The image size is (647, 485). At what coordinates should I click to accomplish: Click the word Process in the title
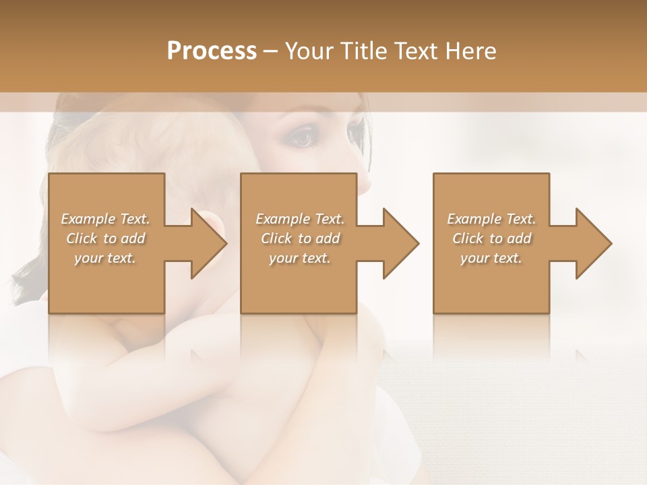pyautogui.click(x=212, y=51)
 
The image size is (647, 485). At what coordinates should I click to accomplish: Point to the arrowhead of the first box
pyautogui.click(x=209, y=243)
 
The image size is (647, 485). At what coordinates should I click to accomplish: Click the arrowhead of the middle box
pyautogui.click(x=401, y=243)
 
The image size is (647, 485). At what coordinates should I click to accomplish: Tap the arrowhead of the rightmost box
pyautogui.click(x=593, y=243)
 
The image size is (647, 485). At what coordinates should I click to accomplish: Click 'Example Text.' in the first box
pyautogui.click(x=105, y=219)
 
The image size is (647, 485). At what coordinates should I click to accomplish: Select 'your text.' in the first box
pyautogui.click(x=105, y=258)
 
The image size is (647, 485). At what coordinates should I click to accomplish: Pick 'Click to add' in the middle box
pyautogui.click(x=300, y=238)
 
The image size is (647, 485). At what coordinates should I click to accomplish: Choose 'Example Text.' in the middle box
pyautogui.click(x=300, y=219)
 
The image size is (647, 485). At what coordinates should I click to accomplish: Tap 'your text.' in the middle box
pyautogui.click(x=300, y=258)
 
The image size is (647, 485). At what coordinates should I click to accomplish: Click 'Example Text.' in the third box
pyautogui.click(x=491, y=219)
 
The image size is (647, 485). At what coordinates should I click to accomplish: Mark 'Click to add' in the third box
pyautogui.click(x=491, y=238)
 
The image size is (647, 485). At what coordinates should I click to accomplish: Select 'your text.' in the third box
pyautogui.click(x=491, y=258)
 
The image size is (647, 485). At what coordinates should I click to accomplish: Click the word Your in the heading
pyautogui.click(x=306, y=51)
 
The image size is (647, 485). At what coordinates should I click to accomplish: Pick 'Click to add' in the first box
pyautogui.click(x=105, y=238)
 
